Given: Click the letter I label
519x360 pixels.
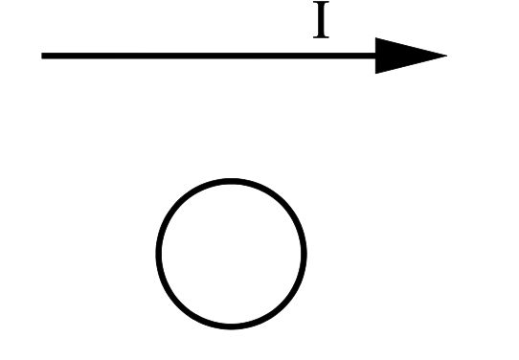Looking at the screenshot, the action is (x=321, y=19).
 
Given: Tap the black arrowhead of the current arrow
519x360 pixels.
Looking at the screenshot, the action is (x=404, y=56).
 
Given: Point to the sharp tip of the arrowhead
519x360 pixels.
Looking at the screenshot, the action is (x=447, y=56).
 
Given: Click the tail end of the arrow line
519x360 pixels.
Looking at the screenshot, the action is (x=42, y=56).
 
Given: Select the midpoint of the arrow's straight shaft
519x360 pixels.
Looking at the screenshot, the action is (x=209, y=56).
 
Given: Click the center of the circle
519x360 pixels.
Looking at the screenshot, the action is (x=231, y=254).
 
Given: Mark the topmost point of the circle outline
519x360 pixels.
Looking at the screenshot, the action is (x=231, y=181).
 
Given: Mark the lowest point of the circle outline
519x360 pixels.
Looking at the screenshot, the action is (x=231, y=326).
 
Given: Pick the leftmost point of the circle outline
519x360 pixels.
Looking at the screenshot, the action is (x=158, y=254).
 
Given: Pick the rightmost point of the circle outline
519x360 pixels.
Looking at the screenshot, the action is (x=305, y=254).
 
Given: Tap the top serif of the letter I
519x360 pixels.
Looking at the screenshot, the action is (x=321, y=2).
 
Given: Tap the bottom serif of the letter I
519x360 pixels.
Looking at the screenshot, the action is (x=321, y=36).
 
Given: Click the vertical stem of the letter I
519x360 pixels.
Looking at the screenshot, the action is (x=321, y=19).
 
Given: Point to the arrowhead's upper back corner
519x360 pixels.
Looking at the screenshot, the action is (x=375, y=37).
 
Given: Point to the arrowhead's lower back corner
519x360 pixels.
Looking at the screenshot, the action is (x=375, y=74).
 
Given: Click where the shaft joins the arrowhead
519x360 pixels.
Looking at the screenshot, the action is (x=375, y=56).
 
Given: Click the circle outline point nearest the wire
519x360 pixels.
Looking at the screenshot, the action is (x=231, y=181).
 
